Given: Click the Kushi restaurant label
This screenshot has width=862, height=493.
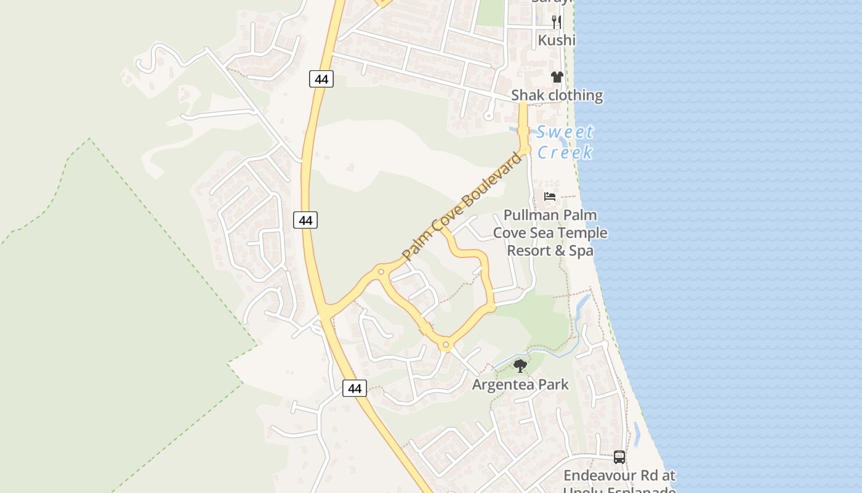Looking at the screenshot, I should point(557,40).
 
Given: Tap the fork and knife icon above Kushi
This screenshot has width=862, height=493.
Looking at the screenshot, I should point(557,22).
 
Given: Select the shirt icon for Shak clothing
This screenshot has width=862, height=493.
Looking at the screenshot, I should point(557,77).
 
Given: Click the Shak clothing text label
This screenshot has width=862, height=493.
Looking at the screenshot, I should point(557,96).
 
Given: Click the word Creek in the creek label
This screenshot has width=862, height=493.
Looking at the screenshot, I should point(565,152).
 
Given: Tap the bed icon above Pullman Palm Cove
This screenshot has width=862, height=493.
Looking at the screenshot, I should point(550,197).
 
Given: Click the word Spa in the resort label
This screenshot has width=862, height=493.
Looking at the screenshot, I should point(581,251).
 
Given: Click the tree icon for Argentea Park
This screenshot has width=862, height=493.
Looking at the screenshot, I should point(520,366).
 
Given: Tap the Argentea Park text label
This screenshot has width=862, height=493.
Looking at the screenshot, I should point(520,385).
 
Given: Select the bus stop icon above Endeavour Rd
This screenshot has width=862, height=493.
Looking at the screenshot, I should point(619,457).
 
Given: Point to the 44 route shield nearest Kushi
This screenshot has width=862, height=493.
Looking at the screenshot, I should point(321,79).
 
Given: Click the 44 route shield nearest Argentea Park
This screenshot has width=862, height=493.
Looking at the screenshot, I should point(354,388).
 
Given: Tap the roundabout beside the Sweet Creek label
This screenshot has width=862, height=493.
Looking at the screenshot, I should point(525,149).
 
